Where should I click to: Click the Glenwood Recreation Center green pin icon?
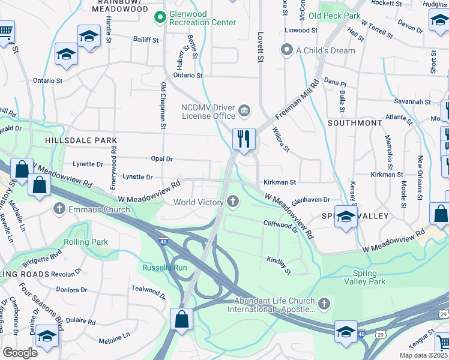[x=160, y=18]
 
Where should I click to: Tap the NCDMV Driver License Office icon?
[x=244, y=110]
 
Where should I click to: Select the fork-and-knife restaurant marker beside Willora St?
[x=244, y=139]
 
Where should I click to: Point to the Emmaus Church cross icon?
[x=59, y=209]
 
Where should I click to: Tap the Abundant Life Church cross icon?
[x=324, y=303]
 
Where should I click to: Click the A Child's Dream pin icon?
[x=287, y=50]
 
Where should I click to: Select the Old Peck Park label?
[x=334, y=15]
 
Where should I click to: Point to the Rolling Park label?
[x=86, y=242]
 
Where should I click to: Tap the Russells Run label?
[x=161, y=267]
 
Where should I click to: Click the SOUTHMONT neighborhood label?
[x=355, y=122]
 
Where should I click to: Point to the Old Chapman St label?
[x=162, y=106]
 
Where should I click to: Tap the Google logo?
[x=20, y=353]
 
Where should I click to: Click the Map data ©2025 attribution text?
[x=423, y=355]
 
